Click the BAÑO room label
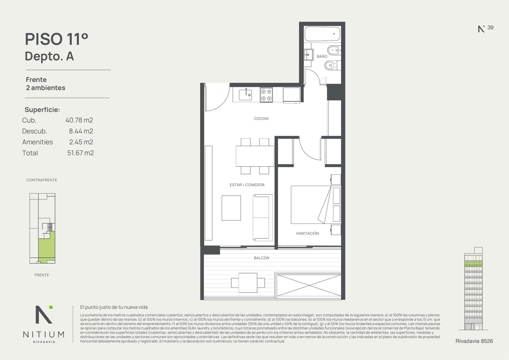click(x=322, y=56)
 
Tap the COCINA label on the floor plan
click(x=261, y=118)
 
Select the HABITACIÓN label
click(x=307, y=233)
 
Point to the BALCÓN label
click(x=261, y=258)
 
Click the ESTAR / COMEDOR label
click(x=247, y=185)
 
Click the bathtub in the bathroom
click(x=323, y=34)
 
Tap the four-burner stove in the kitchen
click(x=266, y=95)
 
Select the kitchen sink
click(x=245, y=95)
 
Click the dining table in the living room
click(x=255, y=156)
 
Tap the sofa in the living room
click(x=262, y=218)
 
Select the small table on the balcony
click(x=248, y=283)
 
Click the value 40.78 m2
click(x=79, y=120)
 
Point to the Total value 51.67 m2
click(x=80, y=153)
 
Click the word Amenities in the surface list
click(x=38, y=142)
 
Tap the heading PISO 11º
click(x=57, y=39)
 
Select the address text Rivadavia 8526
click(x=474, y=341)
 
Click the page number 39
click(x=490, y=27)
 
